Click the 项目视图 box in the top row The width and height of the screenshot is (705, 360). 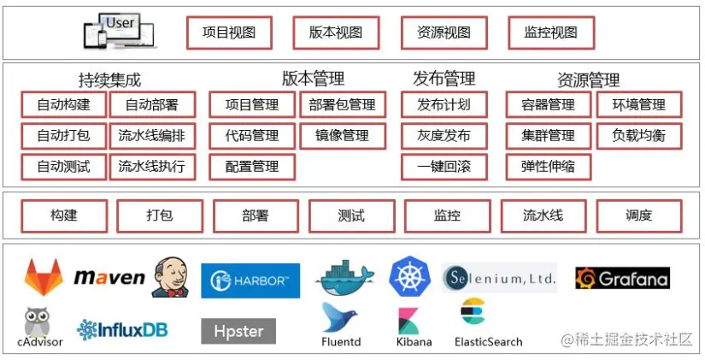(228, 33)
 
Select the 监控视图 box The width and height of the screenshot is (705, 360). (550, 33)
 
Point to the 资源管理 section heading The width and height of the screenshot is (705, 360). (589, 80)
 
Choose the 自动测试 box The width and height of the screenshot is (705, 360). (63, 166)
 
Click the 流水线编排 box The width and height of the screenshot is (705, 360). (152, 135)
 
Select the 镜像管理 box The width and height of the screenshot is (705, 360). (342, 135)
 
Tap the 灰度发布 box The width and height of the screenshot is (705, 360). (444, 135)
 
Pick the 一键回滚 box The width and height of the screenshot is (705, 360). (444, 166)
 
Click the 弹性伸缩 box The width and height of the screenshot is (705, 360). (548, 166)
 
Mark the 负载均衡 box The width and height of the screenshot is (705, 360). (638, 135)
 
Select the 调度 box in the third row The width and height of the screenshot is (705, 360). (638, 216)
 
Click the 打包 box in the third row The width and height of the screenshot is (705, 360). (159, 216)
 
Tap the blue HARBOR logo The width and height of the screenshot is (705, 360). (250, 280)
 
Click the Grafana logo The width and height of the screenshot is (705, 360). (622, 278)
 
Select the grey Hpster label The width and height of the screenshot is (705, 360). (238, 331)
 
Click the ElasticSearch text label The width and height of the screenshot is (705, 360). (488, 342)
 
